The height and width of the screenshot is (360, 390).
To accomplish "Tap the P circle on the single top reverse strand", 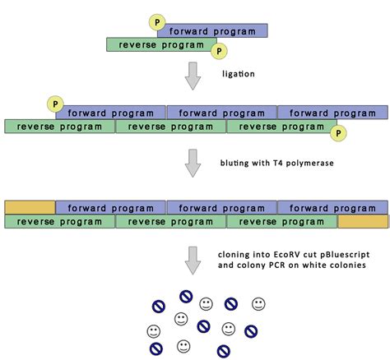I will [x=219, y=52].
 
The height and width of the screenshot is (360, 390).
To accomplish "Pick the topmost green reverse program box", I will [x=161, y=44].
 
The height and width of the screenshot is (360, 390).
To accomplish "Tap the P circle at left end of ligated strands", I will [x=54, y=104].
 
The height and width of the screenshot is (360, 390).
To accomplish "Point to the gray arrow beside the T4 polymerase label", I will [x=192, y=163].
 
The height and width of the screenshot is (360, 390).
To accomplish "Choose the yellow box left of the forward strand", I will [x=30, y=207].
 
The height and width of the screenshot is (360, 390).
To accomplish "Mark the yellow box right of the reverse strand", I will [x=362, y=221].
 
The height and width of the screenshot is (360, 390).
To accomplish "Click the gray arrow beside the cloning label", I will [x=192, y=259].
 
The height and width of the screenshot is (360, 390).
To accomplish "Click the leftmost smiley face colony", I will [x=153, y=331].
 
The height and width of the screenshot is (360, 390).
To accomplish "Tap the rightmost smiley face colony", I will [x=258, y=304].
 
